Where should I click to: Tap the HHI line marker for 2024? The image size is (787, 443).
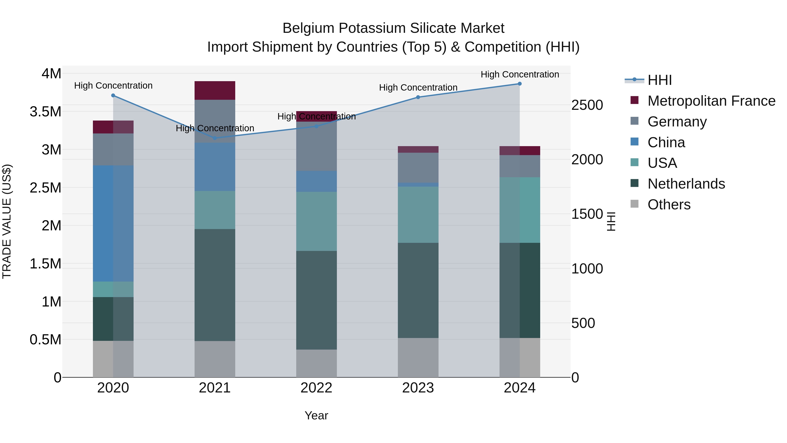520,84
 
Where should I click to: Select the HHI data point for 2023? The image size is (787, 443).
418,97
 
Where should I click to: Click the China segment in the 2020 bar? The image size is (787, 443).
113,223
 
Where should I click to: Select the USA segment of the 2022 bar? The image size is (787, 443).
317,221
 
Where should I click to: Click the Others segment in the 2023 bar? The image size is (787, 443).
418,357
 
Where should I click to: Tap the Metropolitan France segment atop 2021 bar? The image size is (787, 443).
215,91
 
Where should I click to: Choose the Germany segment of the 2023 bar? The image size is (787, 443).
418,168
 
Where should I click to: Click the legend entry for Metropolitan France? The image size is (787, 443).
711,101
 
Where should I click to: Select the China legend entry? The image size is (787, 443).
666,142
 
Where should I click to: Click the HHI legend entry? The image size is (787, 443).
659,80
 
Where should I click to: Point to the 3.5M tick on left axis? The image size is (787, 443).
45,112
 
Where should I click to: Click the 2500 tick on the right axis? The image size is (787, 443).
587,105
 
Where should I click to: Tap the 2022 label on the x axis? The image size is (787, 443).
317,388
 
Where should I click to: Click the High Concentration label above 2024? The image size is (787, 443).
520,74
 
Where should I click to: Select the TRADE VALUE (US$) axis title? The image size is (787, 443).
7,221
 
